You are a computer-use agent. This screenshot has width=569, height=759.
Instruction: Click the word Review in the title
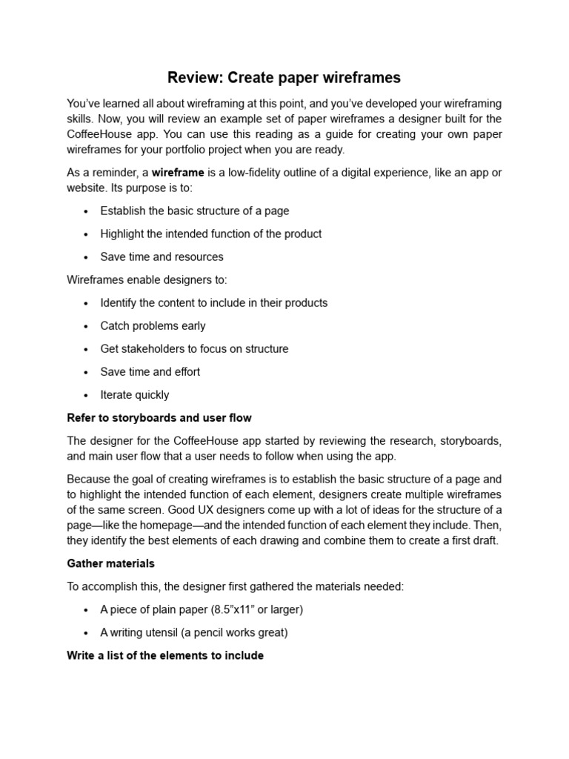click(194, 77)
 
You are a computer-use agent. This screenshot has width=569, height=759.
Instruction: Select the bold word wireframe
click(178, 173)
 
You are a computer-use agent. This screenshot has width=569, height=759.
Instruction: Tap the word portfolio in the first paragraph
click(195, 149)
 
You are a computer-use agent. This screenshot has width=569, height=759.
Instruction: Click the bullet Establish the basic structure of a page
click(195, 211)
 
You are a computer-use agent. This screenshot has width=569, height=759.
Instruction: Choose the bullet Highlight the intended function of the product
click(211, 233)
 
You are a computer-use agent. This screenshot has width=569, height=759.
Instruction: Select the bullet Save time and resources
click(162, 256)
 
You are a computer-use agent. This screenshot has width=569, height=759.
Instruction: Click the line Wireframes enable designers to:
click(147, 279)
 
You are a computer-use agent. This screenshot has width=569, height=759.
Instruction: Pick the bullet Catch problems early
click(153, 325)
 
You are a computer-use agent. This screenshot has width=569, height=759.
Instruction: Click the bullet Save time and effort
click(150, 371)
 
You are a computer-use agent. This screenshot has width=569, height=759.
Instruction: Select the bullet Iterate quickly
click(135, 394)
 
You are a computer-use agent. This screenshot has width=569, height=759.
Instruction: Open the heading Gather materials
click(110, 563)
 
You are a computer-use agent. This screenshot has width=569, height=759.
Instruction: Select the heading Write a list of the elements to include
click(165, 655)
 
